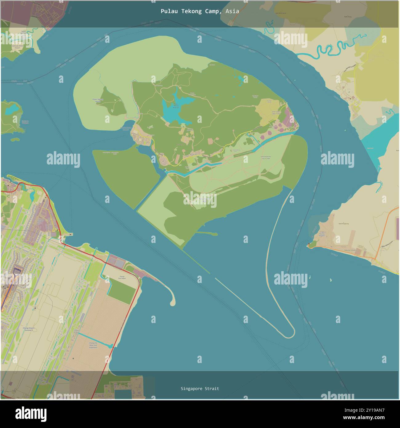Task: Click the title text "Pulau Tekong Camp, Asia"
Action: coord(200,11)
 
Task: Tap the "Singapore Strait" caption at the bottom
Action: coord(200,389)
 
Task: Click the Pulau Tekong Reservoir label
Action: coord(176,106)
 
